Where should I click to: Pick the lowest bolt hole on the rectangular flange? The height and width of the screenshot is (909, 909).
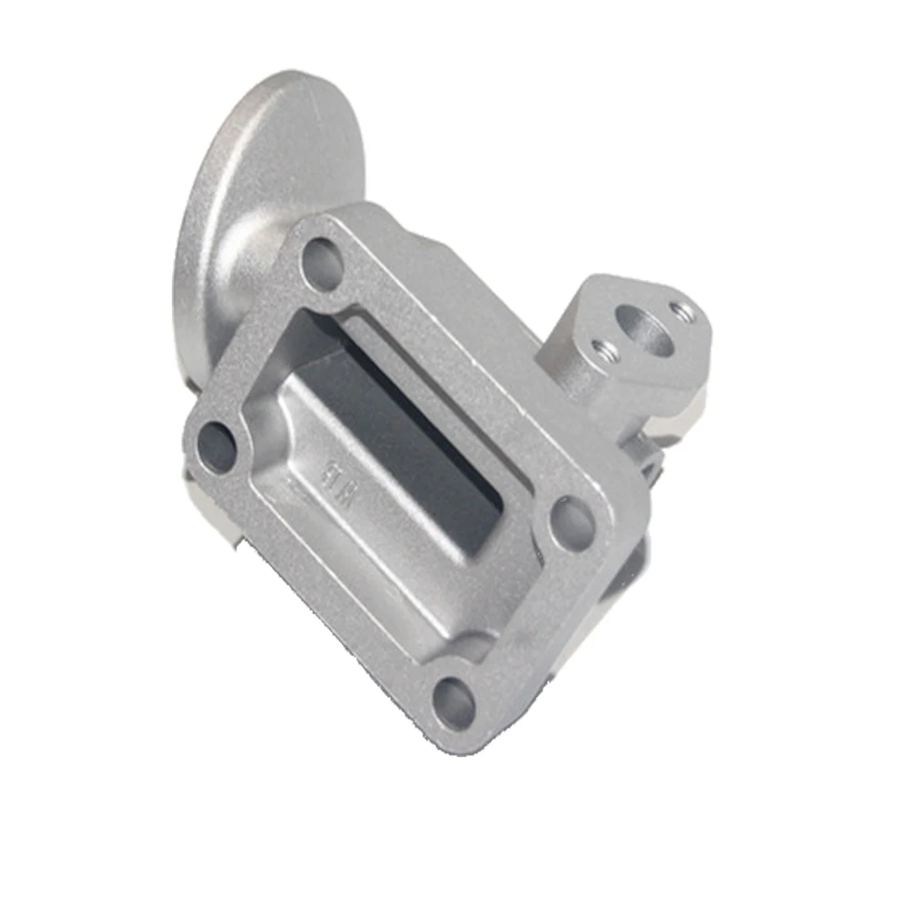click(x=454, y=703)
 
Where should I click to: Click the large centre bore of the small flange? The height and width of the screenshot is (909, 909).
click(x=644, y=330)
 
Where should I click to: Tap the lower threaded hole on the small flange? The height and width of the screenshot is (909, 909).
click(x=603, y=348)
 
